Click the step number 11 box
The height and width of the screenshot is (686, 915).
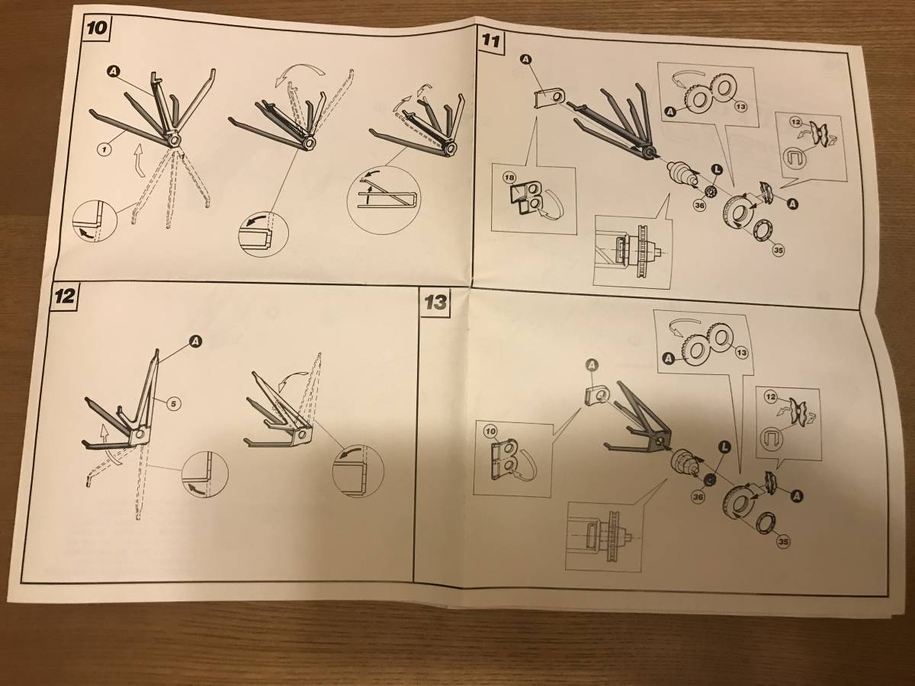click(490, 41)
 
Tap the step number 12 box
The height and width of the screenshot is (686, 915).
click(64, 297)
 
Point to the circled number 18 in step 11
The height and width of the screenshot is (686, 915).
click(509, 178)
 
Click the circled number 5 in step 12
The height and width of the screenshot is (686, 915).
click(173, 403)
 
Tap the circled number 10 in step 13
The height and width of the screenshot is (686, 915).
click(490, 431)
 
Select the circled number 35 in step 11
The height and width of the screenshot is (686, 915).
click(778, 250)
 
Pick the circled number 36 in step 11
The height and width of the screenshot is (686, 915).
click(699, 205)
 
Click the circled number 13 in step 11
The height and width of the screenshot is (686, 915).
click(740, 107)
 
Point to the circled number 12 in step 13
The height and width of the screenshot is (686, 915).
click(770, 396)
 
